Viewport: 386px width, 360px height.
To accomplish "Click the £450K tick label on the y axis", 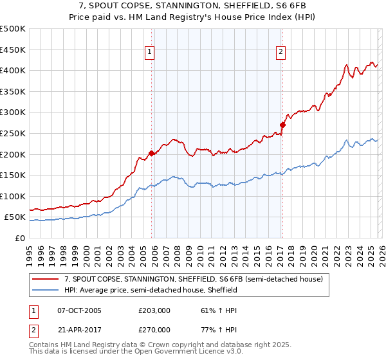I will pos(13,50).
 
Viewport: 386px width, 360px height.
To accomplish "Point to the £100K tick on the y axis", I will pos(13,196).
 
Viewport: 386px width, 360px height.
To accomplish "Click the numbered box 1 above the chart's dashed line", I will pos(149,53).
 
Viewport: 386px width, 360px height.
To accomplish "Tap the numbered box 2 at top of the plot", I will pos(281,53).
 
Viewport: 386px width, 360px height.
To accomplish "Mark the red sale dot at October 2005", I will pos(152,153).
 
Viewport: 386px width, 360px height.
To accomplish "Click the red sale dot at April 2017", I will pos(282,125).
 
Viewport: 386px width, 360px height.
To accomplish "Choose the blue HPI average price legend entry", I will pos(151,290).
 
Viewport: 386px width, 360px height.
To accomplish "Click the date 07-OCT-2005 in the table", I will pos(79,310).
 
